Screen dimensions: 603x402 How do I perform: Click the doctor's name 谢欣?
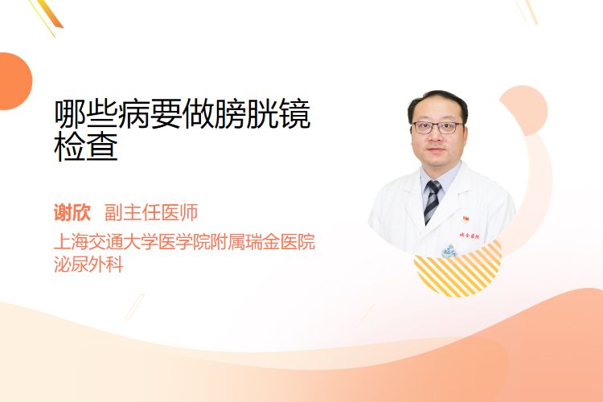point(72,213)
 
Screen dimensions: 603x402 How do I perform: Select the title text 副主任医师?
point(151,213)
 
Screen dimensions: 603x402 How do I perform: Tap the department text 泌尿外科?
point(88,265)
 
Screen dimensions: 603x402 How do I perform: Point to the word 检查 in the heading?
point(86,146)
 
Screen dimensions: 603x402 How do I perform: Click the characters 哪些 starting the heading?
point(86,113)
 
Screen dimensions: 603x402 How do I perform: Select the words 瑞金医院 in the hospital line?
point(281,241)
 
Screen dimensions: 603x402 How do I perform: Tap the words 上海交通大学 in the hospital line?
point(105,241)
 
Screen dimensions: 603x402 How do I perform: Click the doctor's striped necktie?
point(433,201)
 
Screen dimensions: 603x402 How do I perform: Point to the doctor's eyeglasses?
point(437,127)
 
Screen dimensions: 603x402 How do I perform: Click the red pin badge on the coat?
point(466,219)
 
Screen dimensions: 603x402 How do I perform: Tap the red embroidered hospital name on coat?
point(470,236)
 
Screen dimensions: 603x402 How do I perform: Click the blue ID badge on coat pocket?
point(449,251)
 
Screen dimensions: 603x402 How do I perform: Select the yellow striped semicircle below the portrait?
point(457,269)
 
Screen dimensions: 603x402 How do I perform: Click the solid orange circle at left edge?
point(14,81)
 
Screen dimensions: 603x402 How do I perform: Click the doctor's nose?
point(436,137)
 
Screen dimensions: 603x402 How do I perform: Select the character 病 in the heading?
point(133,113)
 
